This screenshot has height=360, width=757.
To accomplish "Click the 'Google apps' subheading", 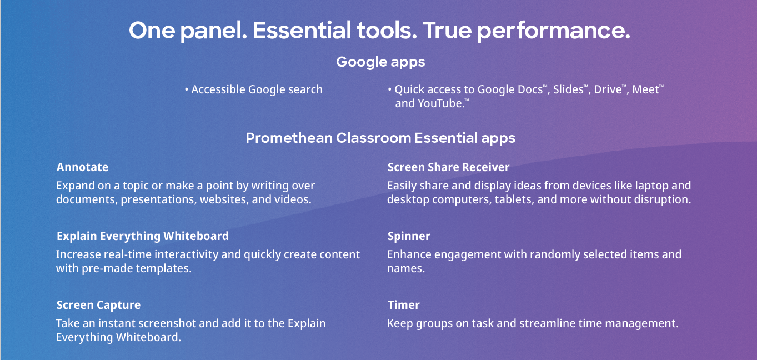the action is tap(380, 62).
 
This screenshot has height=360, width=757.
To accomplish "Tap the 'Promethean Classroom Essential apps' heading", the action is tap(380, 138).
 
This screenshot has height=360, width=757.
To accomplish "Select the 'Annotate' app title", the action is tap(82, 167).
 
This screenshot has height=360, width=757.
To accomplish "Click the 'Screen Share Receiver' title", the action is tap(448, 167).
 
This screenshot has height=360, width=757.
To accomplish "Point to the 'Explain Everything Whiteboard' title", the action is tap(142, 236).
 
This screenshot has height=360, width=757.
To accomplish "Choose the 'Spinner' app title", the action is tap(409, 236).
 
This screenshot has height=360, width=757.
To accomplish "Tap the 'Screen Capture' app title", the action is tap(98, 305).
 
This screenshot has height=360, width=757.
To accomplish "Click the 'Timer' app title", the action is tap(404, 305).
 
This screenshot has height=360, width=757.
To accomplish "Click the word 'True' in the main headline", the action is tap(447, 30).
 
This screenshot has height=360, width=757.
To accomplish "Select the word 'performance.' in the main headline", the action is tap(554, 31).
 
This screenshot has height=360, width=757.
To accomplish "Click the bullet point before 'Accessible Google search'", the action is tap(186, 89).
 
